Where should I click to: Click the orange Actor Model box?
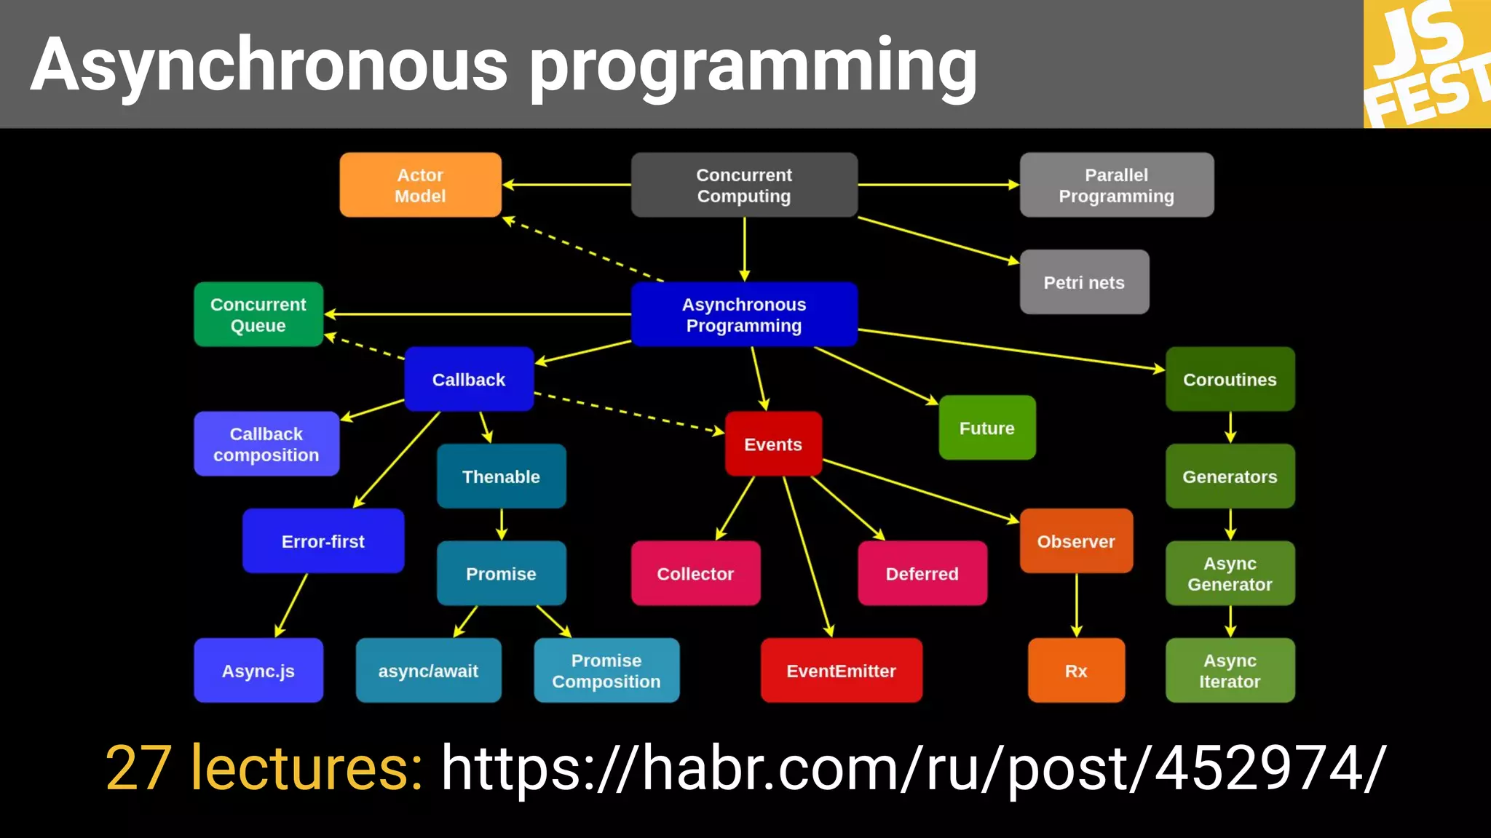pyautogui.click(x=420, y=185)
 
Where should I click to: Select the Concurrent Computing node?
pyautogui.click(x=743, y=185)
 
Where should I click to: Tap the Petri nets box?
pyautogui.click(x=1083, y=282)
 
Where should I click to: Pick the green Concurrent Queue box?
pyautogui.click(x=258, y=314)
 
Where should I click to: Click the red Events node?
pyautogui.click(x=772, y=444)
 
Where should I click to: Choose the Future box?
pyautogui.click(x=986, y=428)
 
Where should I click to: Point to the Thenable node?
pyautogui.click(x=501, y=476)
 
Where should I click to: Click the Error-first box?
pyautogui.click(x=323, y=541)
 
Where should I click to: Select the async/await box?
pyautogui.click(x=428, y=671)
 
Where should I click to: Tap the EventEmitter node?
pyautogui.click(x=841, y=671)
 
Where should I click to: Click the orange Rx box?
pyautogui.click(x=1075, y=671)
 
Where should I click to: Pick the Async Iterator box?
pyautogui.click(x=1230, y=671)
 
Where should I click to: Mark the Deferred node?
pyautogui.click(x=922, y=573)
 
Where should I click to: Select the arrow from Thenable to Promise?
pyautogui.click(x=501, y=524)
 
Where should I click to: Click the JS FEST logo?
pyautogui.click(x=1425, y=64)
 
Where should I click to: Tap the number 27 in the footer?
pyautogui.click(x=138, y=768)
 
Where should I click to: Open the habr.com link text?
pyautogui.click(x=913, y=768)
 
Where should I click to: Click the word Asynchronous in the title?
pyautogui.click(x=269, y=65)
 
